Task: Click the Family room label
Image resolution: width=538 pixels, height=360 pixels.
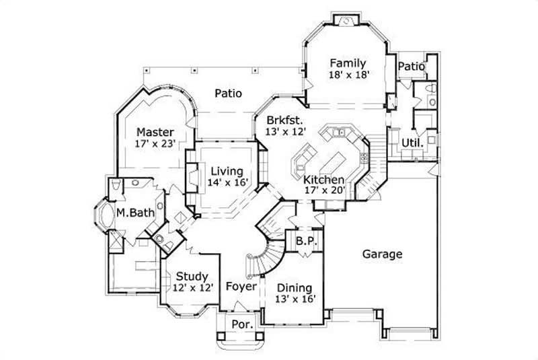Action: [x=347, y=63]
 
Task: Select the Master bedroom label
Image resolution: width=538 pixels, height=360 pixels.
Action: [x=155, y=132]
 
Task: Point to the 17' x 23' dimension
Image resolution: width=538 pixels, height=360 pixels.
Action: [x=155, y=143]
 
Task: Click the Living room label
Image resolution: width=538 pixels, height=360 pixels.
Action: [x=225, y=170]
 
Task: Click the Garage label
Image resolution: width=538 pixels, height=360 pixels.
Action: [x=382, y=254]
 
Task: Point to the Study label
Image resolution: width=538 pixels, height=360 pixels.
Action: [x=192, y=276]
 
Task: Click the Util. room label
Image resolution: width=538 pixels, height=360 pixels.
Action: [x=412, y=143]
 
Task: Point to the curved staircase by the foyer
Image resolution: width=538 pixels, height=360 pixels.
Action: [x=258, y=259]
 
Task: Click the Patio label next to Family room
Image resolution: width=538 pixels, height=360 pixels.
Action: [x=410, y=67]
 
